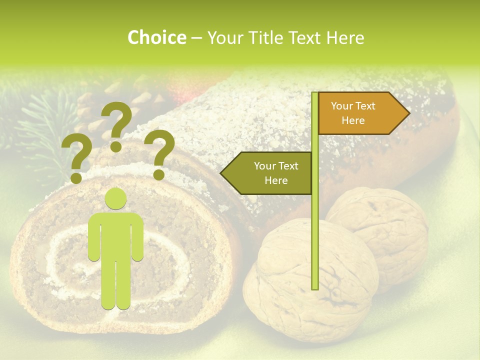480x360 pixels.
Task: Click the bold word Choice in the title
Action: (x=156, y=38)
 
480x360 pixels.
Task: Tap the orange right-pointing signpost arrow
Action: (x=360, y=113)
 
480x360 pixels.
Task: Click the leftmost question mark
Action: (x=76, y=157)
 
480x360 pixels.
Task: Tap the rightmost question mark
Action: (x=160, y=152)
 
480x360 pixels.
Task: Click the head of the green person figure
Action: (x=116, y=199)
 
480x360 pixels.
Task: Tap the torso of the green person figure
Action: (x=116, y=235)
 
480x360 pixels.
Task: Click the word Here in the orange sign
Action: (x=353, y=120)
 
